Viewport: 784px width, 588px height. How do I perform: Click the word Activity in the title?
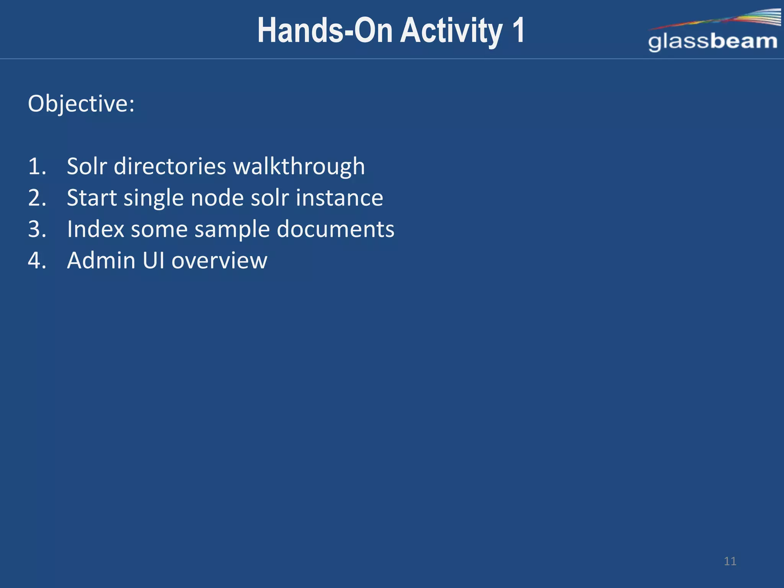click(x=451, y=31)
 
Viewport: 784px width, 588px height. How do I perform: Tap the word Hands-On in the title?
click(x=325, y=31)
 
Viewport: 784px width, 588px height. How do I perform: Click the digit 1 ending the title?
click(x=518, y=31)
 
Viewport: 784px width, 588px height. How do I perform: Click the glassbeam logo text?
click(x=712, y=42)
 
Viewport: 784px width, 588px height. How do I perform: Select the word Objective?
click(x=81, y=104)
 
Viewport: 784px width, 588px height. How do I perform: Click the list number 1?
click(x=37, y=167)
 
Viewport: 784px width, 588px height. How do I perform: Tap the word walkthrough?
click(x=299, y=167)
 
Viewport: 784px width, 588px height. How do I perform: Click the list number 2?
click(x=37, y=198)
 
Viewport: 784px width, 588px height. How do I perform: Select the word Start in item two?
click(x=92, y=198)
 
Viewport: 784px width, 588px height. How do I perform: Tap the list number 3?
click(x=37, y=229)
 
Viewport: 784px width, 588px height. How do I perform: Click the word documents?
click(x=335, y=229)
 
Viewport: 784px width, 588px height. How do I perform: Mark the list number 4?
click(x=37, y=261)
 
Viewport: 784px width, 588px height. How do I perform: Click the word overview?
click(x=219, y=261)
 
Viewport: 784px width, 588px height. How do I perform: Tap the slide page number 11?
click(x=730, y=561)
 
